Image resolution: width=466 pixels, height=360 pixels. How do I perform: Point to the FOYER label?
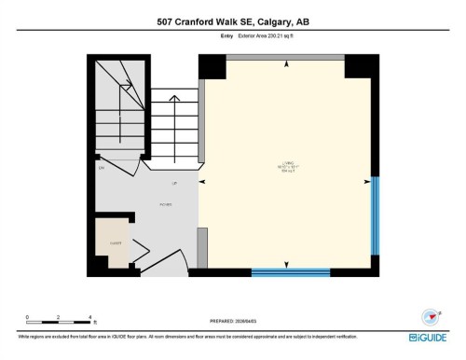pos(165,202)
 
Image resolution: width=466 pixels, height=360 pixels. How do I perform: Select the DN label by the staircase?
pos(101,168)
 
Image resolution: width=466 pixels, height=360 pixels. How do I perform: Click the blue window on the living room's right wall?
pos(375,215)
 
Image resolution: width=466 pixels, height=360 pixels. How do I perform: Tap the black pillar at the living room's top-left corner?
pos(212,66)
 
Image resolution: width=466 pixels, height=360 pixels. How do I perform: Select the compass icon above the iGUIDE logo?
pos(430,315)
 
